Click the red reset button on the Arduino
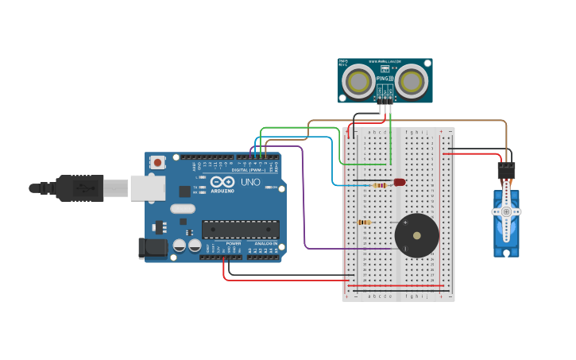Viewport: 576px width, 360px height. [x=157, y=162]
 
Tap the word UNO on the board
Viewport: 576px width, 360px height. [x=250, y=182]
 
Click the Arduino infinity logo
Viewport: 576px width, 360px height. [x=222, y=182]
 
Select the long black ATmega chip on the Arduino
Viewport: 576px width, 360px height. [x=240, y=230]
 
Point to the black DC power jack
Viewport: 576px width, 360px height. [x=153, y=248]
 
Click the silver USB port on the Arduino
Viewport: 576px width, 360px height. [x=148, y=188]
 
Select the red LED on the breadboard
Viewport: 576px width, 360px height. [x=400, y=182]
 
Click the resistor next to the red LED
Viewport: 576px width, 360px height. [x=381, y=185]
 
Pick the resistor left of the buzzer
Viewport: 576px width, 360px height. [x=365, y=223]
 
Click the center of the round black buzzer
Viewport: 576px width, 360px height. [x=416, y=235]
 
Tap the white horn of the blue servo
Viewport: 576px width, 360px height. [x=506, y=212]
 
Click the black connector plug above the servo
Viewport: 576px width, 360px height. [x=506, y=170]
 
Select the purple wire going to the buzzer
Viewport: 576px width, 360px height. [x=304, y=207]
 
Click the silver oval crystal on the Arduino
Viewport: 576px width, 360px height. [x=182, y=209]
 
